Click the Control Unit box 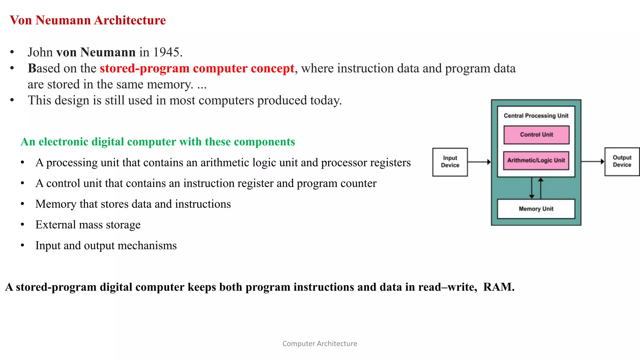click(x=536, y=135)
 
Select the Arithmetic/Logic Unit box click(x=536, y=161)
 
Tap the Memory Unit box click(x=536, y=209)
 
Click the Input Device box click(x=450, y=162)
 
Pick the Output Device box click(x=622, y=161)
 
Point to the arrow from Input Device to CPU click(x=479, y=162)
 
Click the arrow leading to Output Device click(x=592, y=161)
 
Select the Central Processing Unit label click(x=536, y=116)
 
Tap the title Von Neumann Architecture click(x=88, y=20)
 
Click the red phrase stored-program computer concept click(x=197, y=68)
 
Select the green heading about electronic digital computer click(x=158, y=142)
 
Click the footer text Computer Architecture click(x=320, y=343)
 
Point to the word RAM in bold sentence click(x=498, y=287)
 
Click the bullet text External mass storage click(x=88, y=225)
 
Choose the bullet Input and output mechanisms click(x=106, y=246)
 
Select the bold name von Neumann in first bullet click(x=96, y=52)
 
